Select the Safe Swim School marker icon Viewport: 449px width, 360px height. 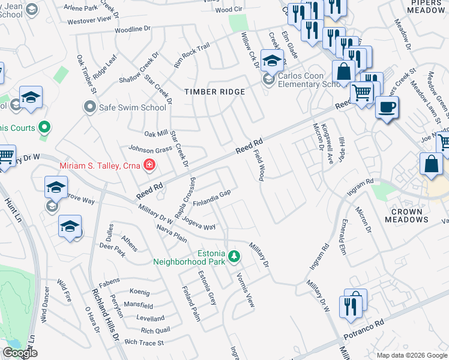tap(90, 107)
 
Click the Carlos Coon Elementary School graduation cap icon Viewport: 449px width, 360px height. tap(272, 61)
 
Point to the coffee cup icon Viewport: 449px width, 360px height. tap(387, 107)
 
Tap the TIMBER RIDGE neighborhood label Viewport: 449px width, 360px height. tap(214, 92)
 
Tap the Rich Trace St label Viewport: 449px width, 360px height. tap(143, 343)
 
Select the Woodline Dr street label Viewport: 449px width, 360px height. tap(132, 29)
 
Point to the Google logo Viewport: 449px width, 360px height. tap(20, 353)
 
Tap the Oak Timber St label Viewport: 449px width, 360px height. tap(86, 74)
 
